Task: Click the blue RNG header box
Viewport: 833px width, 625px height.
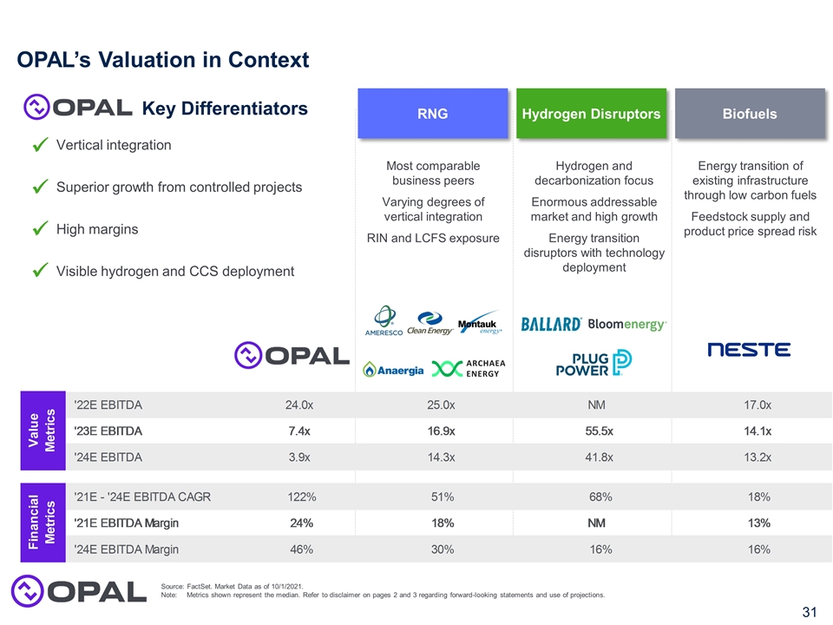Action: [x=432, y=114]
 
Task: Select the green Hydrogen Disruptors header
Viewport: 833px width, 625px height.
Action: [x=591, y=114]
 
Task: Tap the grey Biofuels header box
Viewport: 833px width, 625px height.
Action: [x=750, y=114]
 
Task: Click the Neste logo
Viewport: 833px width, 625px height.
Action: [x=749, y=349]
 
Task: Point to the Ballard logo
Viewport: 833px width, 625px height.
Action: [x=551, y=325]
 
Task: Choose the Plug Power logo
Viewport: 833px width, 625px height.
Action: [x=594, y=362]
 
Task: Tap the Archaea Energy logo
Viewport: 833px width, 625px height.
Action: [x=469, y=368]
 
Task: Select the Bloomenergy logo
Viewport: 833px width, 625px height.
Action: [x=627, y=325]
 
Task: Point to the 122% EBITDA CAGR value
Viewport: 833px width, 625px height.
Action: [x=301, y=497]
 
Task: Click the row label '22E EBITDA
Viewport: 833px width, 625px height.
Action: [x=108, y=405]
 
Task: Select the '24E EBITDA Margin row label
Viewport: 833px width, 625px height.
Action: [x=127, y=549]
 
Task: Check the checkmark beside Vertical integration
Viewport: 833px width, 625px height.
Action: [x=38, y=146]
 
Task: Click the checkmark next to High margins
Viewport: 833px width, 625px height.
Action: [x=38, y=230]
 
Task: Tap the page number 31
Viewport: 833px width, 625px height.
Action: [x=809, y=613]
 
